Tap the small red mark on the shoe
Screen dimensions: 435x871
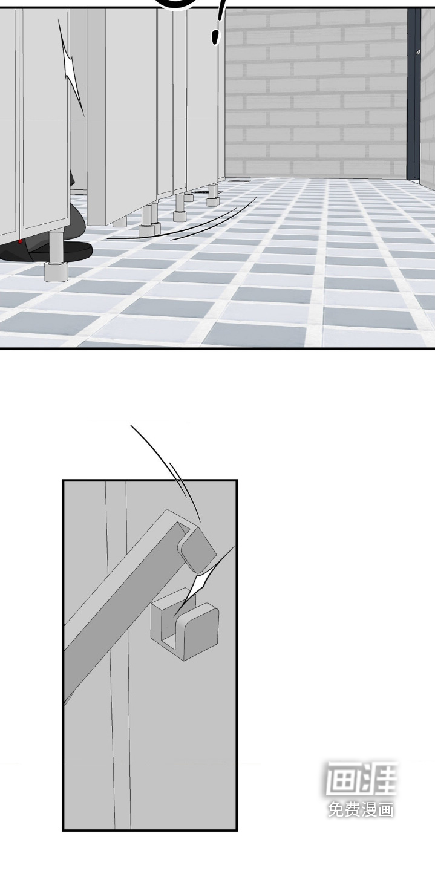point(20,241)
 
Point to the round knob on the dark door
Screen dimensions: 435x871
point(418,52)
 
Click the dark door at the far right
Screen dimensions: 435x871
point(414,93)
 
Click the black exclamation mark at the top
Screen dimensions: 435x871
point(218,24)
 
